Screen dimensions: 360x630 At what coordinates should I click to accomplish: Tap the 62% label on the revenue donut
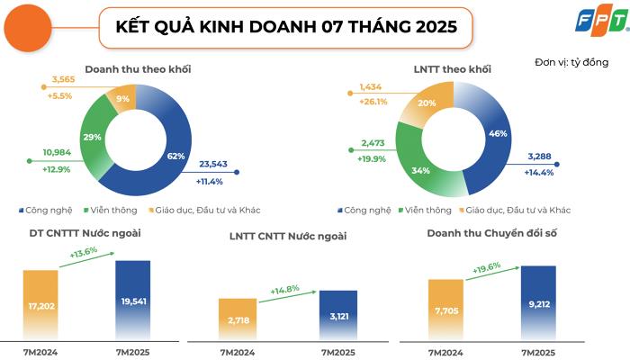175,155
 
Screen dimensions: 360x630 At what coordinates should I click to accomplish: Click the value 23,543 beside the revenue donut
212,163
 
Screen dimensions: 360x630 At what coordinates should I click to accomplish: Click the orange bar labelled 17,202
40,306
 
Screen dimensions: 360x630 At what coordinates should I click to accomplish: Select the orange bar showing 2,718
238,319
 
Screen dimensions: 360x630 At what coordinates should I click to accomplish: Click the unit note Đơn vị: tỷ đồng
571,62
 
